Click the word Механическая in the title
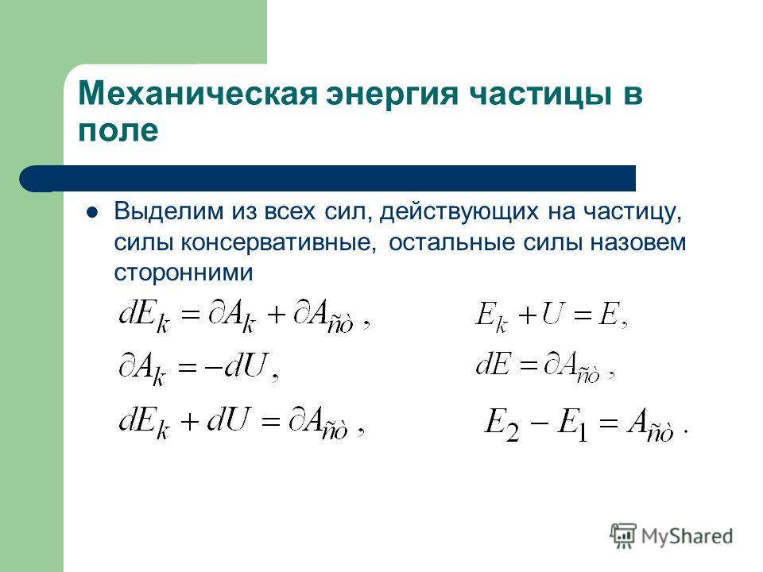(198, 93)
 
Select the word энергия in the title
(392, 95)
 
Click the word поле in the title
(118, 131)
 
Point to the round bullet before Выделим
(91, 212)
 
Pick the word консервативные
(279, 242)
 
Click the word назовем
(638, 242)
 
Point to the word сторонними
(184, 272)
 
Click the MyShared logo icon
(623, 535)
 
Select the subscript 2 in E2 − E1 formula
(512, 431)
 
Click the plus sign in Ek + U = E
(527, 315)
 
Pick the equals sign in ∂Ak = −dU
(188, 368)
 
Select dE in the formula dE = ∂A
(494, 363)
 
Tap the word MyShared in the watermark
(687, 536)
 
